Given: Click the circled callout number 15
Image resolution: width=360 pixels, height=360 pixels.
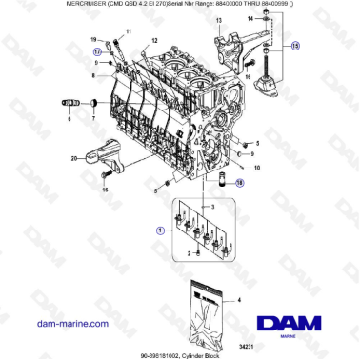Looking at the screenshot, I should point(294,45).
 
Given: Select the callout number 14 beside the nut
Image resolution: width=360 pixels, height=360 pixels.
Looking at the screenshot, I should point(262,20).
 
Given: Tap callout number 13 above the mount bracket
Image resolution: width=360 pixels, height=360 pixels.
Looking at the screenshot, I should point(218,20).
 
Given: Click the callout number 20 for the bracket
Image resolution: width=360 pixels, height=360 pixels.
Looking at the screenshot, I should point(73,159).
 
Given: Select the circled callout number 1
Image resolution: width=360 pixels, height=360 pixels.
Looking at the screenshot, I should point(159,230).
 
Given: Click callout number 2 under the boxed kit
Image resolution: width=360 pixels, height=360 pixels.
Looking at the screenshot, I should point(192,255).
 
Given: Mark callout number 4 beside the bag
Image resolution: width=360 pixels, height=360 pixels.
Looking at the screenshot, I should point(238,301).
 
